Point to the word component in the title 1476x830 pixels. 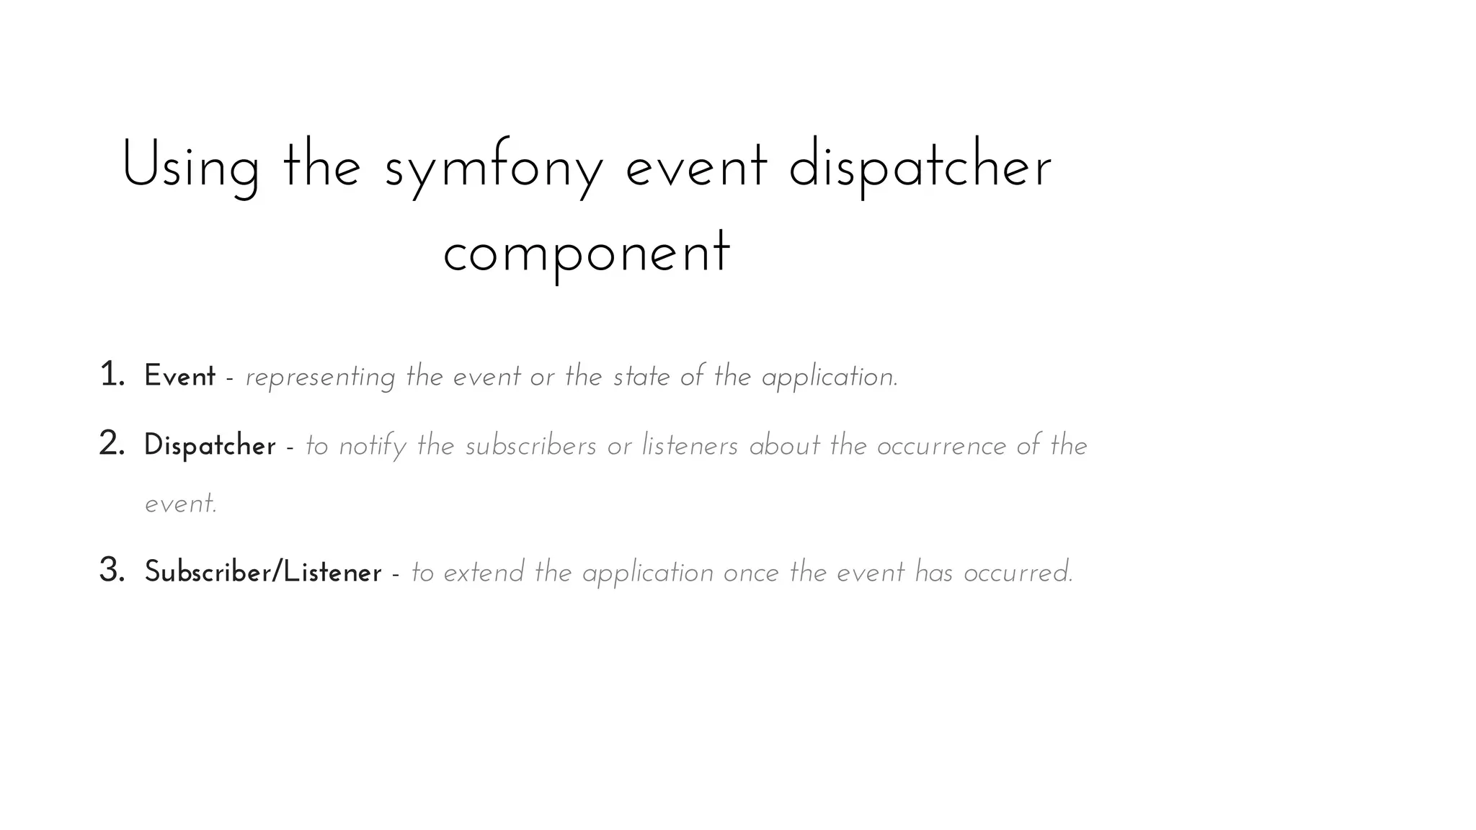587,254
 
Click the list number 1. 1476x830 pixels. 112,375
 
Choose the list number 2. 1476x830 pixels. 112,444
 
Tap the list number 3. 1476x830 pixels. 112,571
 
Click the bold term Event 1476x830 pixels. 179,376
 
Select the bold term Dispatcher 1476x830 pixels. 210,446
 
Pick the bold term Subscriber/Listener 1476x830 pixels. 263,573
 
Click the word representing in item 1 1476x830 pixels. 320,378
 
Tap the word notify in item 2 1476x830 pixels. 373,447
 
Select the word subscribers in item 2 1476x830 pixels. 531,446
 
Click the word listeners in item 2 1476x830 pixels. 690,446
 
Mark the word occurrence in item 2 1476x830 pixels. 941,447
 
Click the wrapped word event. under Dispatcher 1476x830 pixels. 181,504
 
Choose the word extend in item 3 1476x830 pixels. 484,573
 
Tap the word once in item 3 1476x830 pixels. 751,574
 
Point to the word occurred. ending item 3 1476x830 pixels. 1018,574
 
